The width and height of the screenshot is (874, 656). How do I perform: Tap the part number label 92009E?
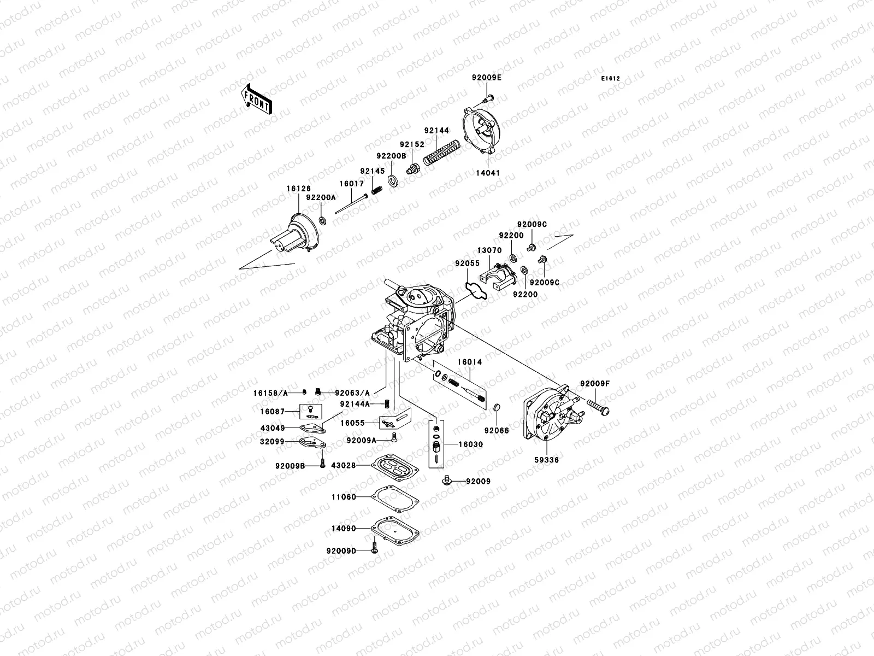tap(487, 78)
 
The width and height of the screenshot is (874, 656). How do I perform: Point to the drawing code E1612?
tap(611, 79)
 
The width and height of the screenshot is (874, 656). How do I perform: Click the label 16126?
tap(298, 188)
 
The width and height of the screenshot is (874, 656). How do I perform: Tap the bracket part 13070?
tap(498, 276)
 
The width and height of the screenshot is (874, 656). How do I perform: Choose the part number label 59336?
tap(547, 460)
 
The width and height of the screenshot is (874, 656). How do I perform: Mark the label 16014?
tap(470, 362)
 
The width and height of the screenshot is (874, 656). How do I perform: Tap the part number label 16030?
tap(470, 444)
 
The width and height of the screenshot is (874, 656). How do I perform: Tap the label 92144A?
tap(355, 404)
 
